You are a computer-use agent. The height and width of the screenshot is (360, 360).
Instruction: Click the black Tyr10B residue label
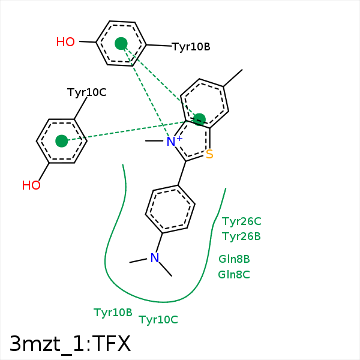(x=191, y=47)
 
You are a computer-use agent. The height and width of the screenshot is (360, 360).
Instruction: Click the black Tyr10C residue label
(x=86, y=92)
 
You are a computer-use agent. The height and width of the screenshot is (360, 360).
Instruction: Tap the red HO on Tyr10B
(x=65, y=42)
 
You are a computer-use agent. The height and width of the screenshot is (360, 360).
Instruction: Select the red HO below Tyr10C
(x=31, y=185)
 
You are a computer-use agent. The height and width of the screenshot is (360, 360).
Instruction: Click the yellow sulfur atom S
(x=209, y=155)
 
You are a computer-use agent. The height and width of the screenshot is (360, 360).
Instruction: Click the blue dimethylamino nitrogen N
(x=155, y=258)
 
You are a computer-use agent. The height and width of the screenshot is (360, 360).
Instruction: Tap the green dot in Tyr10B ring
(x=121, y=43)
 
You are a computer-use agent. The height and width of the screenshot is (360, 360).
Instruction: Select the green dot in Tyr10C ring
(x=61, y=141)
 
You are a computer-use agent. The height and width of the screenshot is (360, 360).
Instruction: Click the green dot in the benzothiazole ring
(x=200, y=119)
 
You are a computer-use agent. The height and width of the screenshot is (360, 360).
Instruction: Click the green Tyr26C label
(x=241, y=221)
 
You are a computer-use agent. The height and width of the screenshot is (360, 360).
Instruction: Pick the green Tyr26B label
(x=241, y=236)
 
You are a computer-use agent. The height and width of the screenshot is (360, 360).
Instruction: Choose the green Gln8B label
(x=234, y=259)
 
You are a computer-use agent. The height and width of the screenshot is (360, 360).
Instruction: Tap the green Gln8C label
(x=234, y=275)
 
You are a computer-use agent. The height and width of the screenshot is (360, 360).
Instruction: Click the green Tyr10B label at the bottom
(x=113, y=313)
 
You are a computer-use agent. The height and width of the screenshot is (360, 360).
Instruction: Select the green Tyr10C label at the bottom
(x=158, y=320)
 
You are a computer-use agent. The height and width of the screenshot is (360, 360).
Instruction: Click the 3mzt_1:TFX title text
(x=70, y=344)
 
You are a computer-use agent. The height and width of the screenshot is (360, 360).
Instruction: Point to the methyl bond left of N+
(x=155, y=141)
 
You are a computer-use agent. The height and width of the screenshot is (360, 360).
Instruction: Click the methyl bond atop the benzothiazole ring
(x=233, y=78)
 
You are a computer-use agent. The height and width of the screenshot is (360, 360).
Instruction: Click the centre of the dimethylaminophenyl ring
(x=170, y=209)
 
